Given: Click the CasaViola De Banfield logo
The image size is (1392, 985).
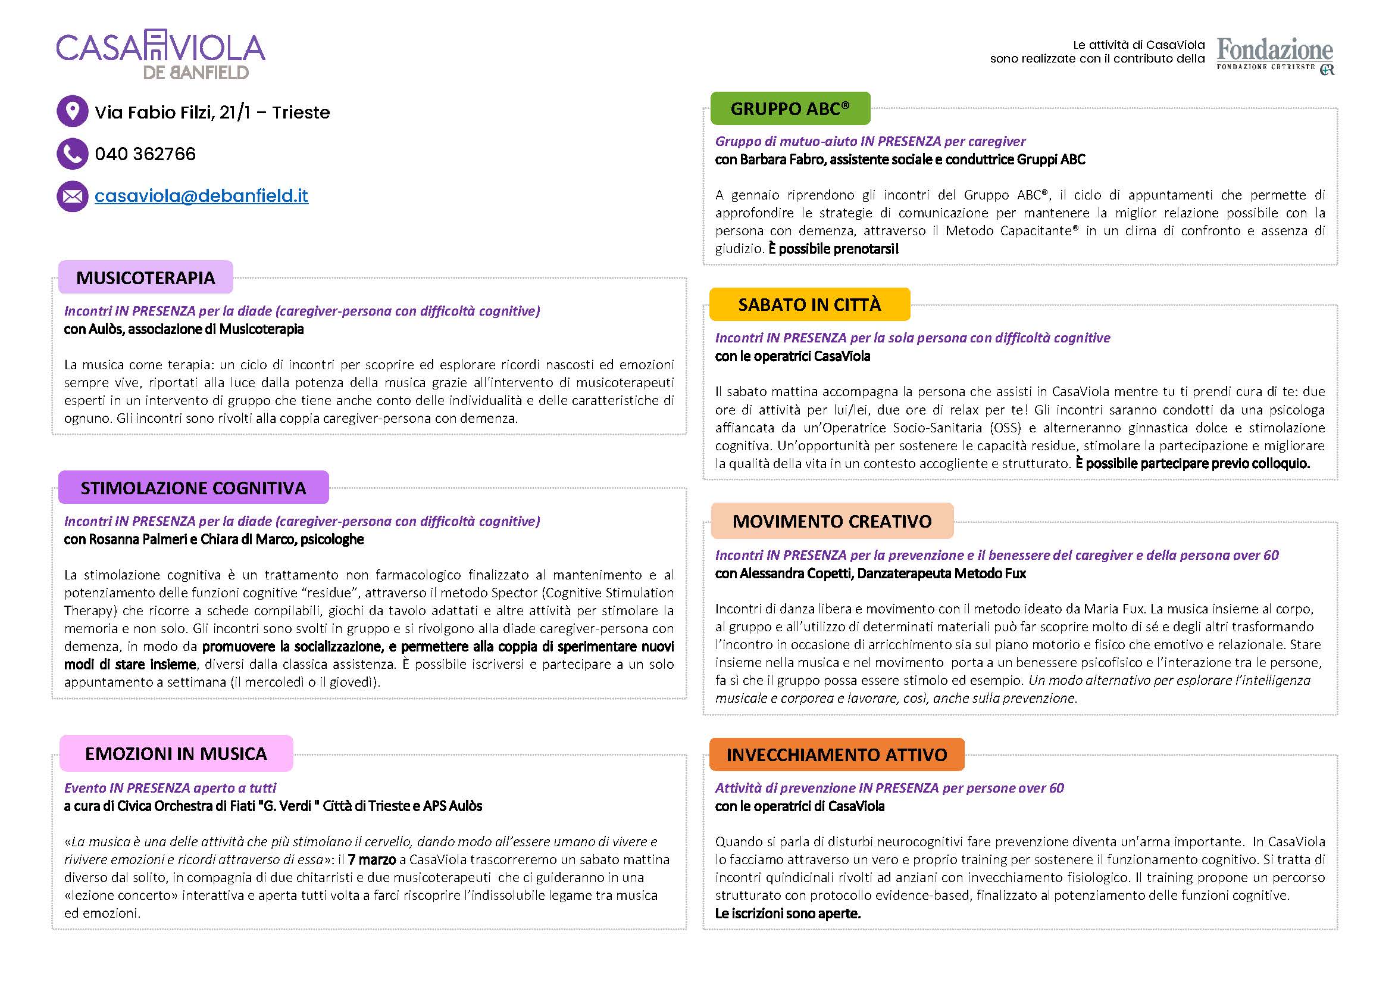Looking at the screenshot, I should pos(161,56).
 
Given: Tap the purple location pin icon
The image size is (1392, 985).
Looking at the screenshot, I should pos(72,111).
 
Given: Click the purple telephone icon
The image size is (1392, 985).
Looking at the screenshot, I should pos(72,154).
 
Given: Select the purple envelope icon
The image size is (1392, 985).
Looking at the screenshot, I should pos(72,196).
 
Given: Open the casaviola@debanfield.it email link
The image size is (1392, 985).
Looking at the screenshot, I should pos(201,196).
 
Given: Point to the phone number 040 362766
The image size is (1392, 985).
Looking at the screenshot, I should pos(145,154).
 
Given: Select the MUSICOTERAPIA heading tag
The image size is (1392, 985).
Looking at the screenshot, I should pos(145,278).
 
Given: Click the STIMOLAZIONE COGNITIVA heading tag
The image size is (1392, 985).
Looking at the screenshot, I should pos(193,488).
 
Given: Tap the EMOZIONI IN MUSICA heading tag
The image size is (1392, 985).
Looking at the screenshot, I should pos(176,753).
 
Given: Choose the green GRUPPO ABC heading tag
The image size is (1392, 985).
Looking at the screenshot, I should pos(790,108).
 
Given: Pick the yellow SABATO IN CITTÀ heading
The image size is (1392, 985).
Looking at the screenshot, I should pos(809,304).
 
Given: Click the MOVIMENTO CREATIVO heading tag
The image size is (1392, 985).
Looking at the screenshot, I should pos(832,521).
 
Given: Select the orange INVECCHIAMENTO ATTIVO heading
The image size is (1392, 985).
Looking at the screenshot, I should pos(837,755).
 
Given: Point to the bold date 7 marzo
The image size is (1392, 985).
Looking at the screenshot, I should pos(371,859).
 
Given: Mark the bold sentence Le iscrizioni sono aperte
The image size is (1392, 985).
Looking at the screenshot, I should pos(787,914).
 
